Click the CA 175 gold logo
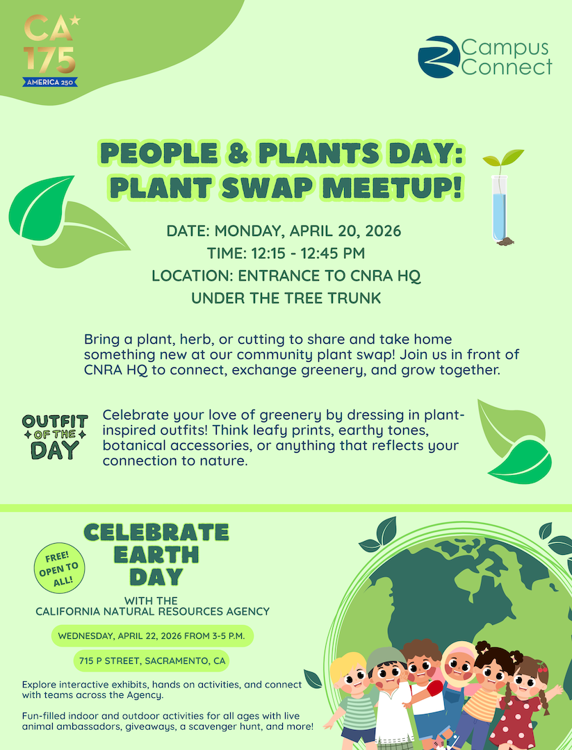click(x=50, y=50)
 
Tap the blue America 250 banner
click(x=50, y=82)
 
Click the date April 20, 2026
click(x=345, y=231)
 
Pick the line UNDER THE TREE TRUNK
click(x=286, y=298)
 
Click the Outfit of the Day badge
click(x=55, y=437)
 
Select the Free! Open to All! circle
click(x=59, y=568)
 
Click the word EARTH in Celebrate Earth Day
click(x=156, y=555)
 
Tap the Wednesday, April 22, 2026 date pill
click(x=152, y=636)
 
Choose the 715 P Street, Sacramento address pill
click(x=152, y=662)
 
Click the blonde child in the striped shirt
click(x=351, y=699)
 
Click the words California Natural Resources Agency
click(x=153, y=611)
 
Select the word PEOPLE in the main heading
click(x=158, y=153)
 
